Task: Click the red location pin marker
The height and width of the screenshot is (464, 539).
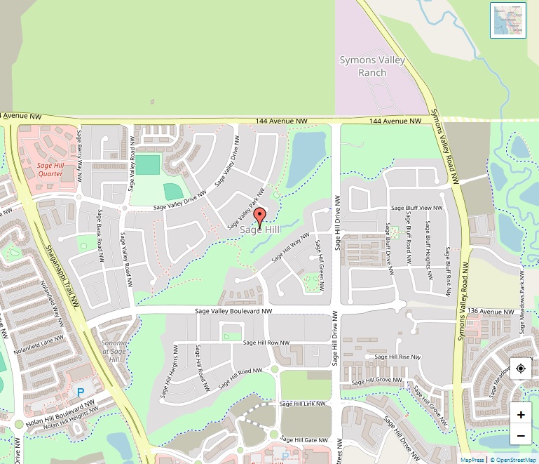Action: pyautogui.click(x=259, y=218)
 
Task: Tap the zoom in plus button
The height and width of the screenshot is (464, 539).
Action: pyautogui.click(x=521, y=414)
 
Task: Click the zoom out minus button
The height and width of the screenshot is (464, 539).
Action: pyautogui.click(x=521, y=436)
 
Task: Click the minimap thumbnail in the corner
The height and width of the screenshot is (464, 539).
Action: pyautogui.click(x=508, y=20)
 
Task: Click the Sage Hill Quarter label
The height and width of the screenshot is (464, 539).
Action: pyautogui.click(x=50, y=169)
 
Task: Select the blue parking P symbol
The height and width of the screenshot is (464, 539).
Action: pyautogui.click(x=80, y=391)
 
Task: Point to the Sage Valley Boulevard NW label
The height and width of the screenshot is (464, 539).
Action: pyautogui.click(x=233, y=310)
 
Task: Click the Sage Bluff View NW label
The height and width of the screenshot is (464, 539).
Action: pyautogui.click(x=416, y=208)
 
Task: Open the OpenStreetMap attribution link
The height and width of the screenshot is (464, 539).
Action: pyautogui.click(x=513, y=460)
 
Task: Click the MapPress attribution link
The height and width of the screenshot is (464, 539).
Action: pyautogui.click(x=472, y=460)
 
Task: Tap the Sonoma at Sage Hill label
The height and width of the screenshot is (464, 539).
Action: pyautogui.click(x=114, y=350)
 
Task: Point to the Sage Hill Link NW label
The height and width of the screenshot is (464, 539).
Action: pyautogui.click(x=303, y=404)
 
